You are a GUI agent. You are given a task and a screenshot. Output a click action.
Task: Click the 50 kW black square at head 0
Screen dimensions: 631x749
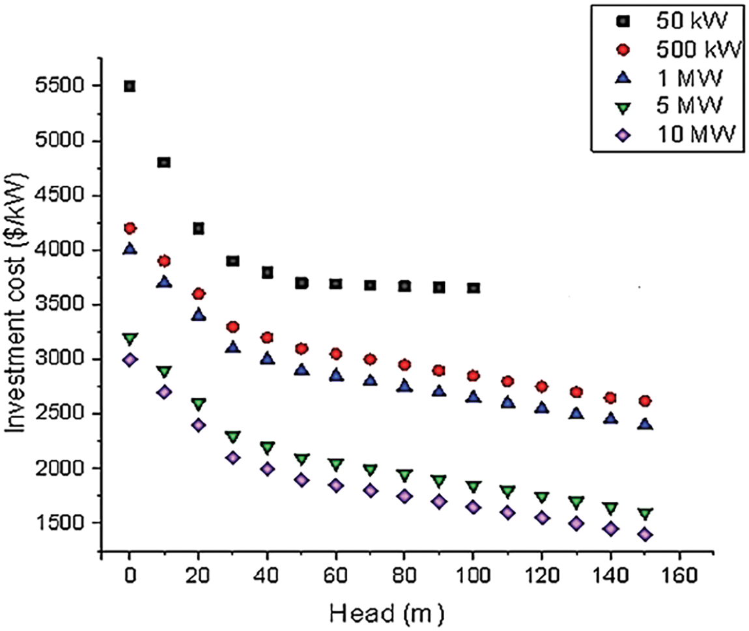[130, 86]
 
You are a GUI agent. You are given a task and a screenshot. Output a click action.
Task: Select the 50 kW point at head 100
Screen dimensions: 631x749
[473, 287]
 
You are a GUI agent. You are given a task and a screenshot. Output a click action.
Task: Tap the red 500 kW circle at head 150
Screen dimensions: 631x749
[645, 401]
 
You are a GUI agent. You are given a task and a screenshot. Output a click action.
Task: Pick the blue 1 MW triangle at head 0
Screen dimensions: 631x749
[130, 249]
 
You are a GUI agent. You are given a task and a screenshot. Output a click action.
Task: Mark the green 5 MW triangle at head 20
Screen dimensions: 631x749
[199, 404]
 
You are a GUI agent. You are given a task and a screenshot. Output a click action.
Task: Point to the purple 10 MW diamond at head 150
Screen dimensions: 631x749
[645, 535]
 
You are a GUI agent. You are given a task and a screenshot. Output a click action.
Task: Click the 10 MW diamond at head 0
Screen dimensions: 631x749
[130, 359]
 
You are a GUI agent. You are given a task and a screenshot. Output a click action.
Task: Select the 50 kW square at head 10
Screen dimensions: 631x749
[164, 162]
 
